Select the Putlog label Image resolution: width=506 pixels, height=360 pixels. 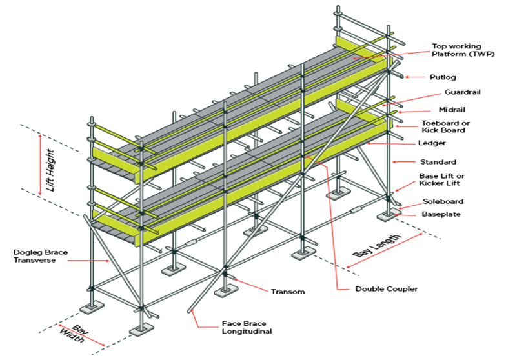[442, 77]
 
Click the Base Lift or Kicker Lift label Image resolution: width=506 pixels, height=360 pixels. [442, 179]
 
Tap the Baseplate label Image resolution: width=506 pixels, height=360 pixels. [441, 214]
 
